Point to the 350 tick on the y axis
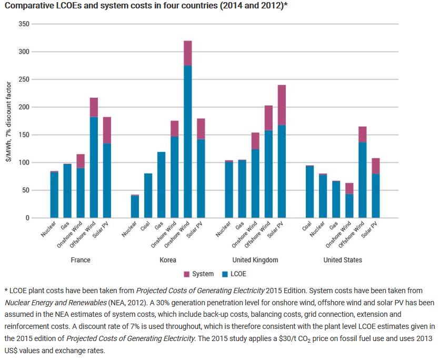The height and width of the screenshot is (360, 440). tap(24, 24)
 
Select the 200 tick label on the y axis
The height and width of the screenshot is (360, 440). tap(24, 107)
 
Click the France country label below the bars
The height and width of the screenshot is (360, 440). tap(80, 260)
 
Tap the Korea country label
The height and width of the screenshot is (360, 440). tap(168, 260)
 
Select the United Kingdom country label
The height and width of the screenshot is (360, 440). tap(255, 260)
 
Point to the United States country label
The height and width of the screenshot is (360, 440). tap(343, 260)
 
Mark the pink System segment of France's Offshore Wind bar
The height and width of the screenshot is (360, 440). tap(94, 107)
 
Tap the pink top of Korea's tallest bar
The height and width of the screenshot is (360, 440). tap(187, 53)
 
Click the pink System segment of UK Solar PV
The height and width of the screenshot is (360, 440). tap(282, 105)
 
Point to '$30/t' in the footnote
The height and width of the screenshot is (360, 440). tap(306, 337)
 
